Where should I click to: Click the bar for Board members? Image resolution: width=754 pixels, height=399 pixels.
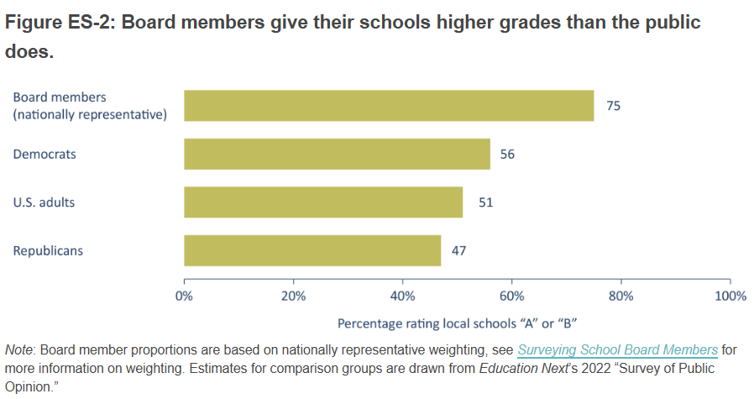pyautogui.click(x=389, y=106)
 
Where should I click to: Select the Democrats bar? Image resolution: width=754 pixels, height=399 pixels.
pyautogui.click(x=337, y=154)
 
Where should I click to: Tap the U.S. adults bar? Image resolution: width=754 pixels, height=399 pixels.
pyautogui.click(x=323, y=202)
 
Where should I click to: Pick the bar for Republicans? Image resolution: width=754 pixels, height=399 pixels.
pyautogui.click(x=312, y=250)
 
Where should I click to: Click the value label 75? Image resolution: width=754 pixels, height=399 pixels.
pyautogui.click(x=613, y=106)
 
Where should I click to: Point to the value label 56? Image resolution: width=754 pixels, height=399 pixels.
pyautogui.click(x=507, y=155)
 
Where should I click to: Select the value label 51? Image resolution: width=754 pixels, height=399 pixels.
pyautogui.click(x=485, y=202)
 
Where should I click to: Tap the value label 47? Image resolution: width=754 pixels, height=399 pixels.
pyautogui.click(x=458, y=250)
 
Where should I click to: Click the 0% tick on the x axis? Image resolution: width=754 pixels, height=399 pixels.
pyautogui.click(x=184, y=296)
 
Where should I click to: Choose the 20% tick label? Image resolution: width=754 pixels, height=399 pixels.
pyautogui.click(x=293, y=296)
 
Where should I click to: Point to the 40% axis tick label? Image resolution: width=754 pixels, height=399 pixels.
pyautogui.click(x=402, y=296)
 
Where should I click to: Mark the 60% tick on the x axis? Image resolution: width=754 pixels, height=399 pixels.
pyautogui.click(x=511, y=296)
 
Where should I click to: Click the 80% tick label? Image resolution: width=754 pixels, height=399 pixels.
pyautogui.click(x=620, y=296)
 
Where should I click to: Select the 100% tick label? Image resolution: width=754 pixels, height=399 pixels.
pyautogui.click(x=729, y=296)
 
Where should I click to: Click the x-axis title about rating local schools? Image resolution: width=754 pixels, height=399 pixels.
pyautogui.click(x=456, y=323)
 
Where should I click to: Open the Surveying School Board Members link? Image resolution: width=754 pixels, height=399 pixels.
pyautogui.click(x=617, y=349)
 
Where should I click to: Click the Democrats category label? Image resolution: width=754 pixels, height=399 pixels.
pyautogui.click(x=45, y=155)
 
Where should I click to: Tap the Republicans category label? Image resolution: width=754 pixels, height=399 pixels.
pyautogui.click(x=48, y=250)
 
